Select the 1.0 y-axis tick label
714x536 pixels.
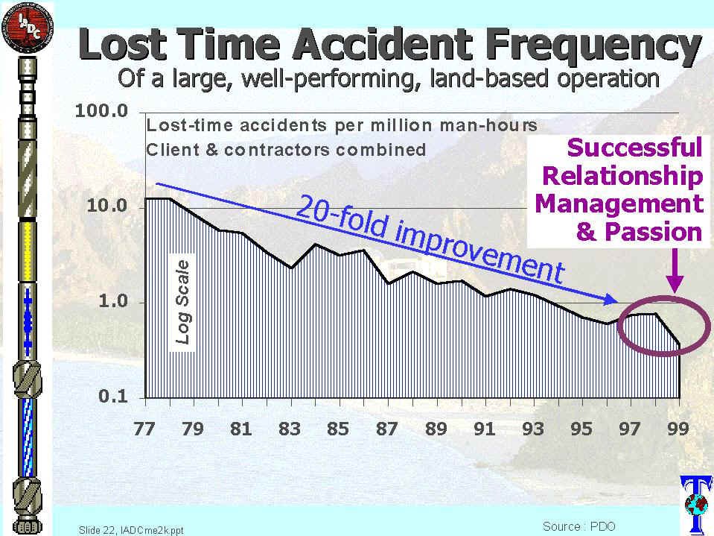114,302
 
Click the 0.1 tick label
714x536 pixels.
114,397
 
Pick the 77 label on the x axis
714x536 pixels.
144,429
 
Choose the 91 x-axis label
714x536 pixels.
484,429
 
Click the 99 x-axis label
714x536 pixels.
678,429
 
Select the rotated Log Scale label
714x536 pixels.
182,302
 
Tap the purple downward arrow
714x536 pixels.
675,271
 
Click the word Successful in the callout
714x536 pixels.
635,147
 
